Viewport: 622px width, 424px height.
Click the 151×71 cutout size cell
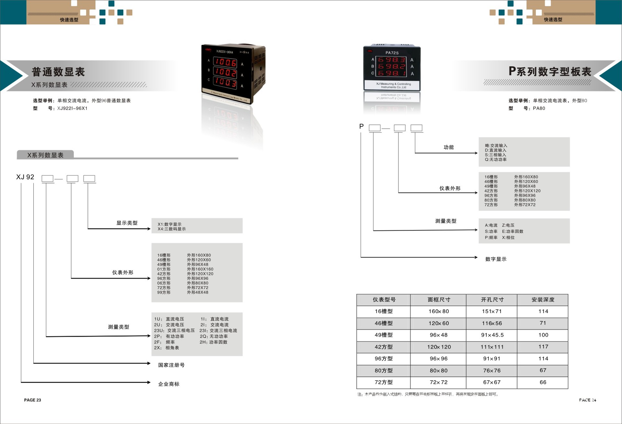[x=492, y=311]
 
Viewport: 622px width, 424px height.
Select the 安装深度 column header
[x=543, y=300]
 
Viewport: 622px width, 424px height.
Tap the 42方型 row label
[x=384, y=347]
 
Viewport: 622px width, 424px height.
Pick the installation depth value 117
[x=543, y=347]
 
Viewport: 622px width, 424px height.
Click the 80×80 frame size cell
[x=439, y=371]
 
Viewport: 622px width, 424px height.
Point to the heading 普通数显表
[x=58, y=72]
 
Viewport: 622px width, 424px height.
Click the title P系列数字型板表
[x=550, y=71]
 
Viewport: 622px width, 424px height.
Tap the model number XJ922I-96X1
[x=72, y=108]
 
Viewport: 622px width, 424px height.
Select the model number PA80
[x=539, y=108]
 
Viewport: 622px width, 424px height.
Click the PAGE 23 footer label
[x=32, y=400]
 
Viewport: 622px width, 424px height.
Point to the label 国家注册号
[x=171, y=365]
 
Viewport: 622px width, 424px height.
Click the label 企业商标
[x=169, y=384]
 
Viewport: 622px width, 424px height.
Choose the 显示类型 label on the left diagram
[x=127, y=223]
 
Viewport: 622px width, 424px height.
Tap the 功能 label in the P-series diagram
[x=449, y=147]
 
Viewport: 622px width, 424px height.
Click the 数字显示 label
[x=496, y=259]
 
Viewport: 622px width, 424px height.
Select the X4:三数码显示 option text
[x=172, y=229]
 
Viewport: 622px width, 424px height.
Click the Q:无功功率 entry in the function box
[x=496, y=159]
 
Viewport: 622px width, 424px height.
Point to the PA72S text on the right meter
[x=392, y=53]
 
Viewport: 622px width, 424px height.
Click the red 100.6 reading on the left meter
[x=225, y=62]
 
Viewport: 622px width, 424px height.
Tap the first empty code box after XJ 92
[x=48, y=179]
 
